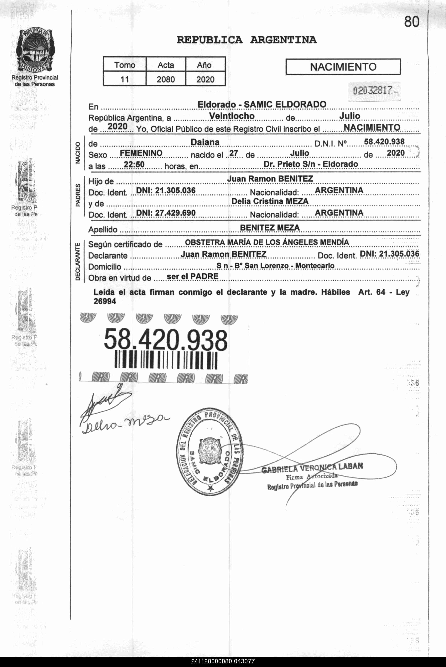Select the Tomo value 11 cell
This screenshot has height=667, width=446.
(125, 79)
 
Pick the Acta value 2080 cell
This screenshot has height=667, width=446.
(166, 79)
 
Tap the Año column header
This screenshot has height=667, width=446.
(204, 65)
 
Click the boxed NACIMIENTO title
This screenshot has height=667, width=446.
(343, 67)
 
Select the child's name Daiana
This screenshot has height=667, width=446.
(205, 142)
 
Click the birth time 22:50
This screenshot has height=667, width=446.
(134, 164)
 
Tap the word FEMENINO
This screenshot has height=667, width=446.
(141, 153)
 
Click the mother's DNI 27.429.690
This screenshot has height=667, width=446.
(166, 213)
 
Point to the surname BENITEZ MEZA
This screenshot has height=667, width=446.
(270, 228)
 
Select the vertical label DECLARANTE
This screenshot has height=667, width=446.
(78, 262)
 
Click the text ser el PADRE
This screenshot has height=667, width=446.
(193, 276)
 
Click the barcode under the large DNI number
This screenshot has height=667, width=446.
(166, 360)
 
